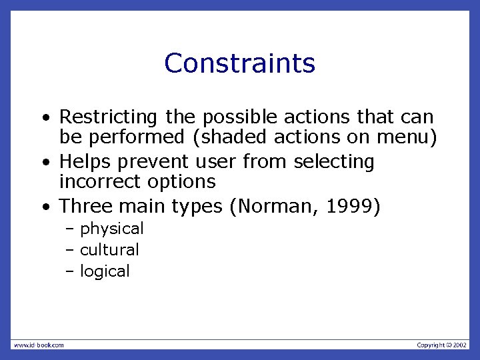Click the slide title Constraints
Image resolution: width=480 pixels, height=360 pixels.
pyautogui.click(x=239, y=63)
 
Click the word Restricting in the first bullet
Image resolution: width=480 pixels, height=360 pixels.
pyautogui.click(x=109, y=117)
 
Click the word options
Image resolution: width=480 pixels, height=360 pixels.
pyautogui.click(x=181, y=182)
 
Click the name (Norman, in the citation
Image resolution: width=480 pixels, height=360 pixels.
pyautogui.click(x=273, y=207)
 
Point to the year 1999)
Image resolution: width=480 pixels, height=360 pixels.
pyautogui.click(x=353, y=207)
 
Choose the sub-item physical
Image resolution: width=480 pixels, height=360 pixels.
pyautogui.click(x=111, y=229)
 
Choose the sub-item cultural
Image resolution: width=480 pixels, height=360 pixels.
pyautogui.click(x=109, y=250)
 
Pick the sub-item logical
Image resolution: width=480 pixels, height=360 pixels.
pyautogui.click(x=105, y=271)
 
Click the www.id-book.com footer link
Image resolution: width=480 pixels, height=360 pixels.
pyautogui.click(x=39, y=345)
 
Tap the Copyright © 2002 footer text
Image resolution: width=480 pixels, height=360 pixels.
pyautogui.click(x=442, y=345)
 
